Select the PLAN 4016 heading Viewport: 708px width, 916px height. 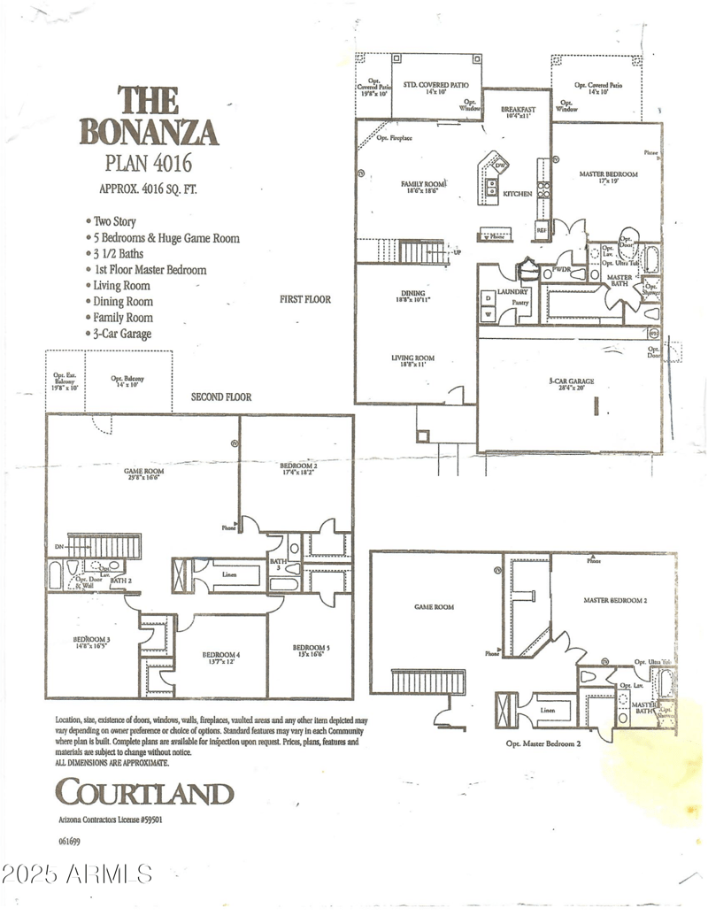coord(148,163)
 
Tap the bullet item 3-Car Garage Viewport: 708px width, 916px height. coord(122,334)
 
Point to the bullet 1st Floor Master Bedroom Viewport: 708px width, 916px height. coord(149,270)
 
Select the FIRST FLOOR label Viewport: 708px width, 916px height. coord(304,299)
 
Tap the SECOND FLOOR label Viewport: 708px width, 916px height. coord(221,397)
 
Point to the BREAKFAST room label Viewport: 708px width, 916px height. coord(511,110)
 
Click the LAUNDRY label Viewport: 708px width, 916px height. coord(512,291)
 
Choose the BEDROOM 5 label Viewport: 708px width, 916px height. coord(311,649)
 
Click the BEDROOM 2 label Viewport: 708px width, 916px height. coord(299,466)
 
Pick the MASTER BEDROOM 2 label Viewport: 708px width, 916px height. coord(615,600)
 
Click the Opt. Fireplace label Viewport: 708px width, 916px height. coord(395,138)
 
